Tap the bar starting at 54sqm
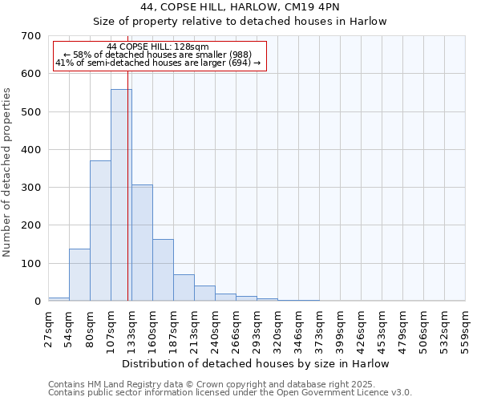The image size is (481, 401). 79,275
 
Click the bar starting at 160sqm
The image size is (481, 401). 163,270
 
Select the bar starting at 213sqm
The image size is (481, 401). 204,294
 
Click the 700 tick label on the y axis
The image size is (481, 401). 31,36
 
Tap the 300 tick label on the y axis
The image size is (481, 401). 31,188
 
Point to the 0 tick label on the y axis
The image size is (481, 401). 37,302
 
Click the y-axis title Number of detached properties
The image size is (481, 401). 7,173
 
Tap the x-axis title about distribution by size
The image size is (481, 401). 257,363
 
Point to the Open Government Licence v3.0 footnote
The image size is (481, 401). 230,392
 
